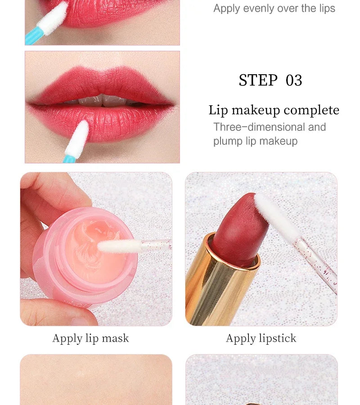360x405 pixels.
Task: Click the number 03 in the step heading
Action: coord(294,81)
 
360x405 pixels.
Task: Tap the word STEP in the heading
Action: coord(258,81)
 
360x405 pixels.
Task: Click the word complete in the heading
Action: coord(311,110)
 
